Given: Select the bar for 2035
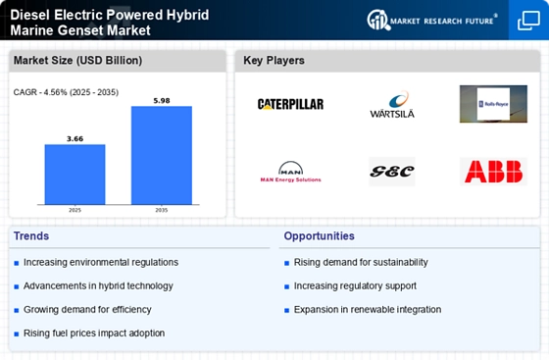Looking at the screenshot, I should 162,156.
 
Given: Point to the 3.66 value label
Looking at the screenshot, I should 75,138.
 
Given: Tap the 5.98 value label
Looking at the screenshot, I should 162,99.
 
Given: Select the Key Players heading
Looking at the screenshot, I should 274,61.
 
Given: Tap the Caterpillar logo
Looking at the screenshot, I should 290,104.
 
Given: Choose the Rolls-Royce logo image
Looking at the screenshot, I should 492,104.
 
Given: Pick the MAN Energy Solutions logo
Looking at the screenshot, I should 290,173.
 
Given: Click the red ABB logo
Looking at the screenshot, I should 492,172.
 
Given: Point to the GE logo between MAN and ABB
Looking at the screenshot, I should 391,172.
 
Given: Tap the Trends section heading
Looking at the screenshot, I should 32,235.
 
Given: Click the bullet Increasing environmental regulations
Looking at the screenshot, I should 101,262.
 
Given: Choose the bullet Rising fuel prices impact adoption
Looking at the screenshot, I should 94,333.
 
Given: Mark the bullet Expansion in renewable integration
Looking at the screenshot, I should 367,309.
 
